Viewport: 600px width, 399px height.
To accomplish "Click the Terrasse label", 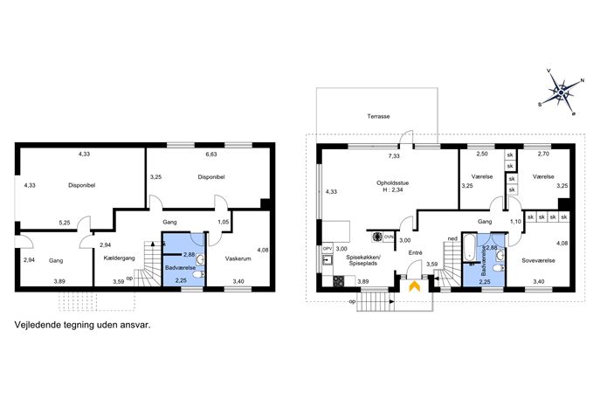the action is pos(378,116).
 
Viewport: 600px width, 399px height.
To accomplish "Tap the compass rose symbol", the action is pos(561,93).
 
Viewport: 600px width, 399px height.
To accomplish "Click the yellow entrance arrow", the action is pos(415,287).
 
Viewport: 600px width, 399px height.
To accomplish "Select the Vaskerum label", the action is pos(238,258).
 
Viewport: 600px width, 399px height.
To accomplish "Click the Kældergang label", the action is pos(119,258).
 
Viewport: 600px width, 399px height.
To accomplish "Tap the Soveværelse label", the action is pos(538,260).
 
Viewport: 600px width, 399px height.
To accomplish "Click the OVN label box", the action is pos(389,237).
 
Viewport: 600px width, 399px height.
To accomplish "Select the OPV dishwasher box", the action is pos(328,249).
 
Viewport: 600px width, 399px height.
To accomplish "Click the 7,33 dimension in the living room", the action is pos(394,156).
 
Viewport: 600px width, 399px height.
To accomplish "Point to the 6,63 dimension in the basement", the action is pos(211,155).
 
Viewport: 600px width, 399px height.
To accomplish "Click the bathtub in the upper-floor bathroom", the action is pos(469,247).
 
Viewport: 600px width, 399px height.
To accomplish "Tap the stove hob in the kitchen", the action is pos(339,281).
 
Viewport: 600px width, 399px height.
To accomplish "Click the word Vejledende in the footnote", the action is pos(32,325).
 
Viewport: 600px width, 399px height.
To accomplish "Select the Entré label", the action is pos(415,253).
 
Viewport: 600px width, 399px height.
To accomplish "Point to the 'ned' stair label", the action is pos(452,239).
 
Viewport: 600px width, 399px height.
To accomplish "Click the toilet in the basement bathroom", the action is pos(198,275).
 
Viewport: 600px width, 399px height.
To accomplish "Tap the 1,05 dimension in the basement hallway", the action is pos(223,222).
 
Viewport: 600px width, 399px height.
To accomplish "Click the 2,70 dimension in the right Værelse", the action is pos(543,155).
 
